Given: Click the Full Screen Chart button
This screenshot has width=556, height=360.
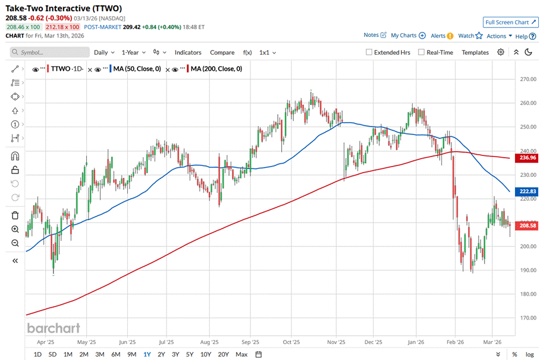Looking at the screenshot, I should coord(511,22).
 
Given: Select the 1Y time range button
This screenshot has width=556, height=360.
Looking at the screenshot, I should coord(147,354).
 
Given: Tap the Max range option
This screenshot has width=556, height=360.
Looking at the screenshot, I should coord(241,354).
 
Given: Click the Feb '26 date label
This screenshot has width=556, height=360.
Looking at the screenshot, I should coord(456,342).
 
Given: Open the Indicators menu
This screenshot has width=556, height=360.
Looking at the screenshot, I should coord(188,52).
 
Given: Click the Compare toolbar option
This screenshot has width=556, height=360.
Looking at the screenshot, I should coord(222,52).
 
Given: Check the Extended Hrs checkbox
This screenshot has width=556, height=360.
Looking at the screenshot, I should coord(369,52).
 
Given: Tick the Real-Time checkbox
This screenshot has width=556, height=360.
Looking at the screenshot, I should coord(421,52).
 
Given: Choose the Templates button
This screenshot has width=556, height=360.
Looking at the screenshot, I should coord(475,52).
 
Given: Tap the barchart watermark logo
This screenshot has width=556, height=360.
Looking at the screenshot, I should coord(54,328).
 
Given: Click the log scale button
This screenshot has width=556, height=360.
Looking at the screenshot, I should coord(530,354).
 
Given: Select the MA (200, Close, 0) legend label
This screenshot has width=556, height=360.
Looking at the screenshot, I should coord(215,69).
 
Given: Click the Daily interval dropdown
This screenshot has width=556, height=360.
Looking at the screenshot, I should coord(104,52).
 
